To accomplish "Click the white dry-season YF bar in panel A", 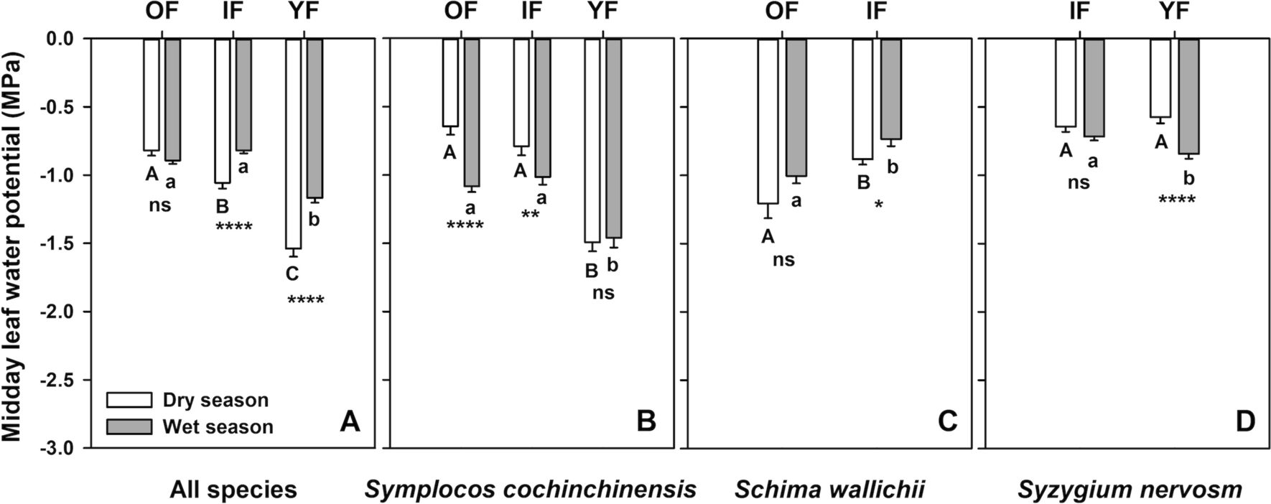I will (x=294, y=144).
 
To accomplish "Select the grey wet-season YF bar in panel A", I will (x=314, y=118).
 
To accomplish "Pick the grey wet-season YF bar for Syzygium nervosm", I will (x=1189, y=96).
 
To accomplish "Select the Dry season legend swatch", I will (x=129, y=400).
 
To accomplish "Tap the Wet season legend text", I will (x=218, y=427).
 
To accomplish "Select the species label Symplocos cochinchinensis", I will (x=531, y=490).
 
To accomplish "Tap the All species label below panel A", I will (x=233, y=490).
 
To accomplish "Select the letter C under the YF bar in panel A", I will (x=292, y=274).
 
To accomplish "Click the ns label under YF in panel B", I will (x=603, y=293).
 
